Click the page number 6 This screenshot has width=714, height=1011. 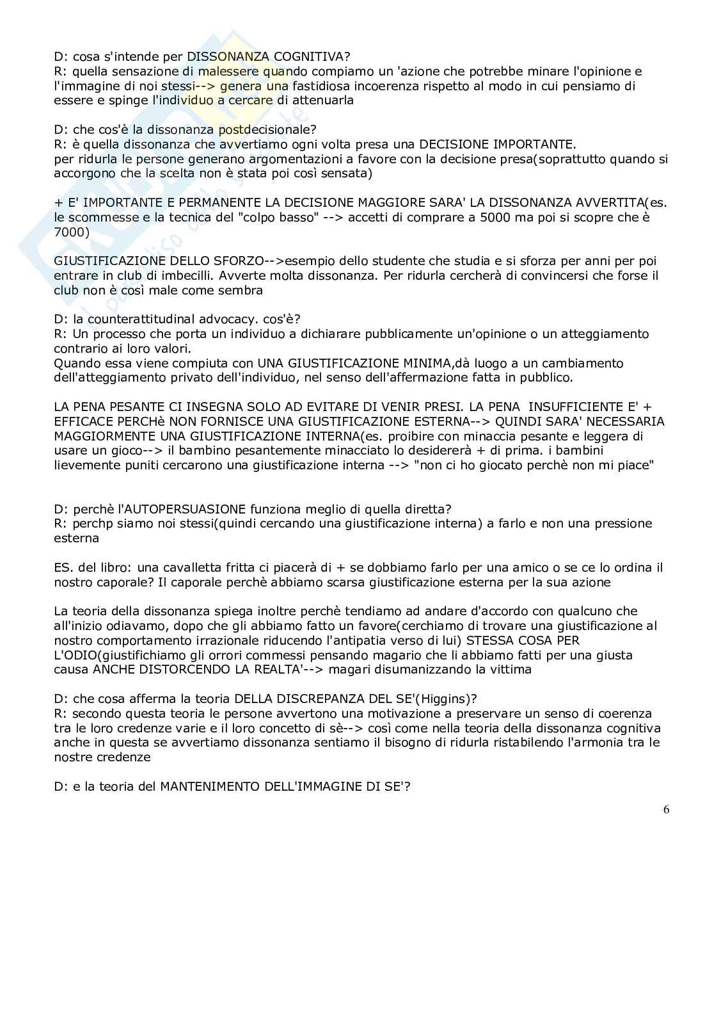coord(666,809)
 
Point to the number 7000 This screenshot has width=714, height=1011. coord(71,232)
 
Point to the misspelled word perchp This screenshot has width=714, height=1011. coord(93,524)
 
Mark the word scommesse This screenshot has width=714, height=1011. coord(100,217)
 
